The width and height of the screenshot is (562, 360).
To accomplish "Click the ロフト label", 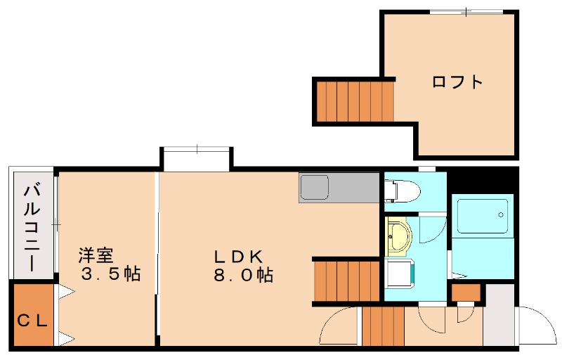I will click(457, 82).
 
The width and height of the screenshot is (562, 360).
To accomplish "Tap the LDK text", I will click(239, 255).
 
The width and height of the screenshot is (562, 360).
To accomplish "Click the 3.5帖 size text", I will click(110, 274).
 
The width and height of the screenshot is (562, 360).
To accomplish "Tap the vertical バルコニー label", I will click(32, 226).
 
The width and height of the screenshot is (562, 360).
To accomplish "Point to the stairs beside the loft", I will click(353, 101).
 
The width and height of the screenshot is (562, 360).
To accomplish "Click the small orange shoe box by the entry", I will click(465, 292).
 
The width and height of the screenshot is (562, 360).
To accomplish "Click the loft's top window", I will click(466, 12).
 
